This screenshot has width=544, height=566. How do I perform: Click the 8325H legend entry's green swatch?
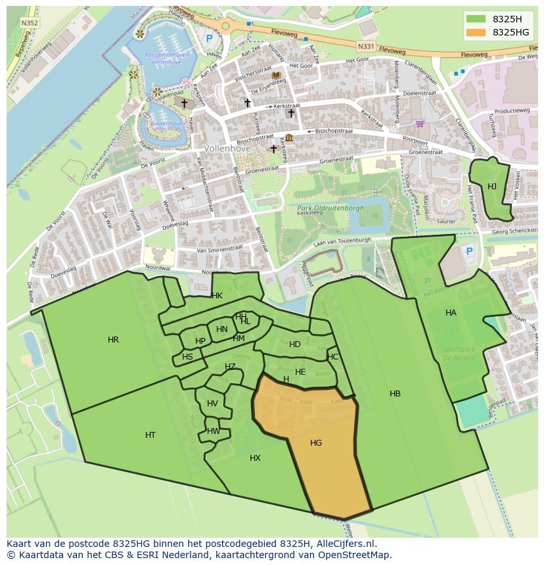(476, 19)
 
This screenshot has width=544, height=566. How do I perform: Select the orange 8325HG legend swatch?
(476, 32)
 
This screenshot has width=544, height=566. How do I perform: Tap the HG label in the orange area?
(316, 443)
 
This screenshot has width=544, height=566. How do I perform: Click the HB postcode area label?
(395, 394)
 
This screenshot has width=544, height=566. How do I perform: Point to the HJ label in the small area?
(492, 187)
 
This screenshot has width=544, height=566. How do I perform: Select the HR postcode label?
(113, 340)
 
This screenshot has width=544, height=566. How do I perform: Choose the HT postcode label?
(150, 435)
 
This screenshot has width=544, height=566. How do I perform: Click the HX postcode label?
(255, 458)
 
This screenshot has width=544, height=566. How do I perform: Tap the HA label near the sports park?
(451, 313)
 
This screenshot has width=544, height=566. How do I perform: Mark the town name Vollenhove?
(227, 149)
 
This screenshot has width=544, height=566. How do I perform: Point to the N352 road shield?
(29, 22)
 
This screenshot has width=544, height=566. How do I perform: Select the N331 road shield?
(366, 47)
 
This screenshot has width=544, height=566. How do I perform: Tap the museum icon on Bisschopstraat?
(289, 137)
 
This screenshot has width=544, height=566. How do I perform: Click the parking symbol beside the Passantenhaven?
(209, 39)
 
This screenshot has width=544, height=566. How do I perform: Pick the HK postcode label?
(217, 296)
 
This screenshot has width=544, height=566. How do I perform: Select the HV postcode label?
(212, 404)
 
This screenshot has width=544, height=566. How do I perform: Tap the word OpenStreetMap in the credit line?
(357, 555)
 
